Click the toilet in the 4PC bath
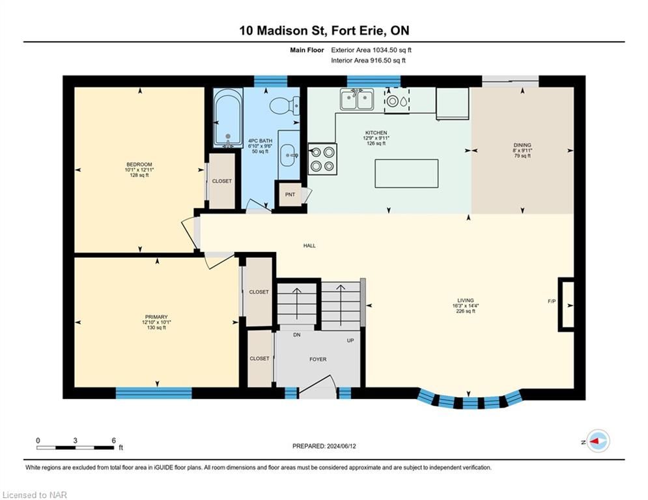point(285,105)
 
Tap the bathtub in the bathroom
point(228,119)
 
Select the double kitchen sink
point(357,99)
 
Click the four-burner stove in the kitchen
point(322,159)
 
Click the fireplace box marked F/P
point(566,304)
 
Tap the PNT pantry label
point(290,195)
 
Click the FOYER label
point(318,359)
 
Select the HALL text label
point(309,245)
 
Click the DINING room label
point(522,145)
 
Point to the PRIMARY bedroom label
point(156,317)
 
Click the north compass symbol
point(598,441)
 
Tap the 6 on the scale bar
point(114,441)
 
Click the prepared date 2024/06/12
point(341,446)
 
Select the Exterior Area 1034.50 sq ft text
point(371,50)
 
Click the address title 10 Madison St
point(279,31)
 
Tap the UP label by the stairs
point(350,340)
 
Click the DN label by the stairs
point(297,335)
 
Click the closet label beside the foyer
point(260,359)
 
